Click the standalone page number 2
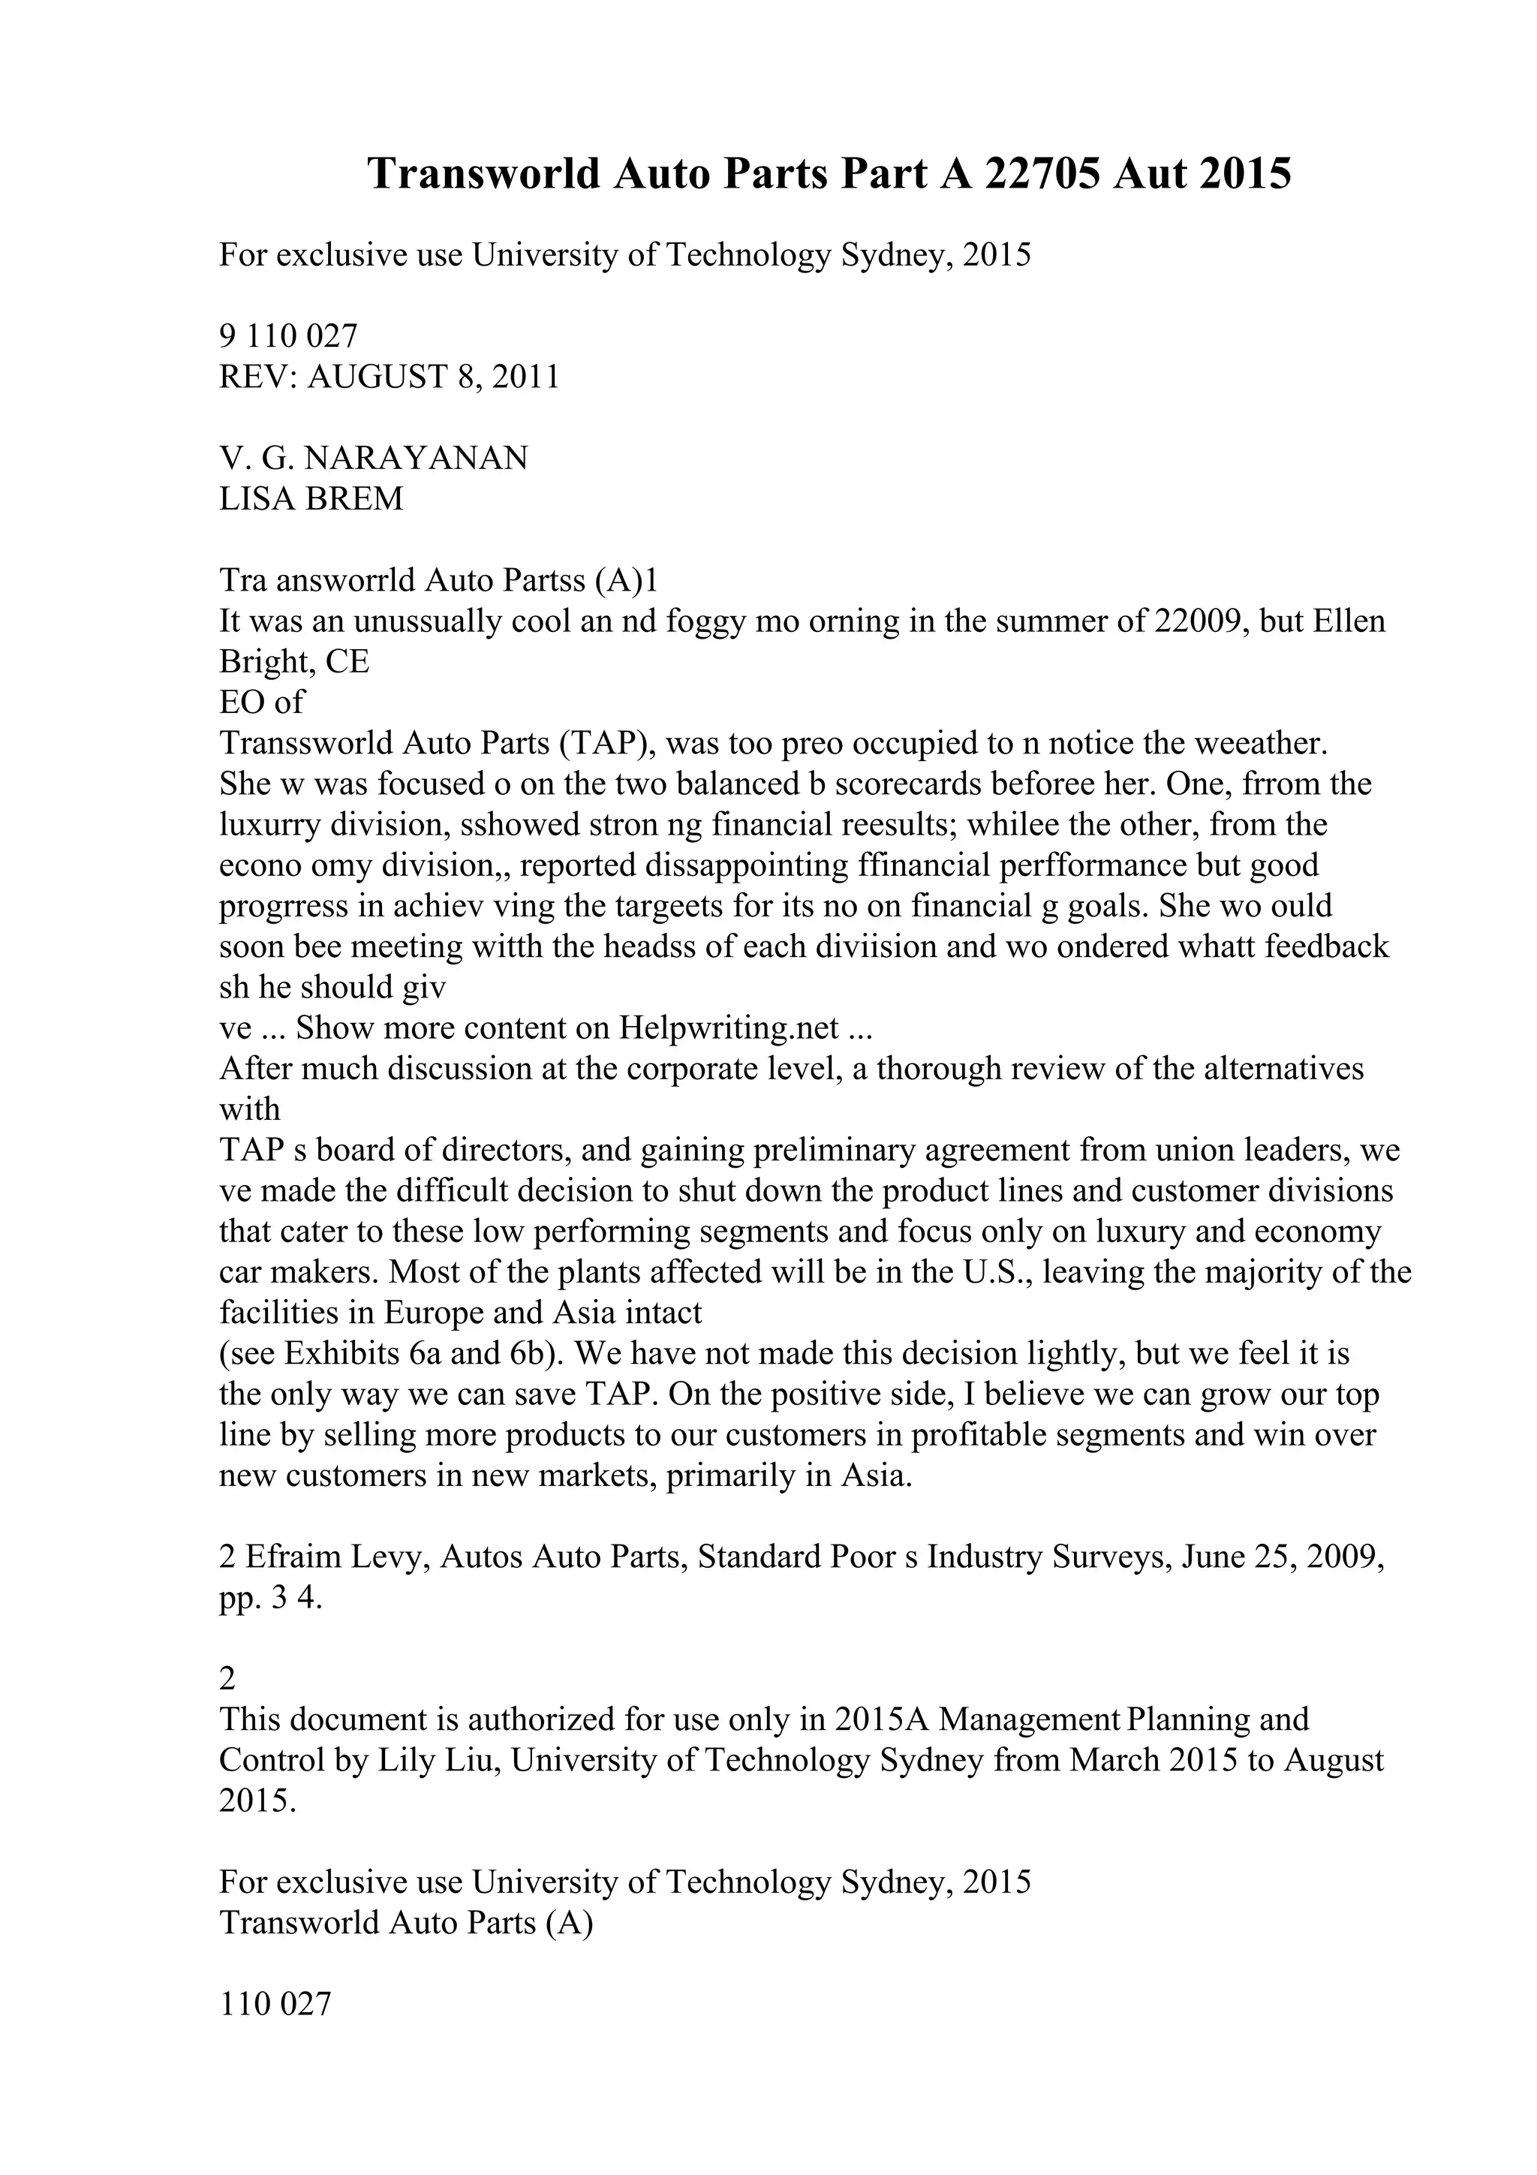point(227,1680)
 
